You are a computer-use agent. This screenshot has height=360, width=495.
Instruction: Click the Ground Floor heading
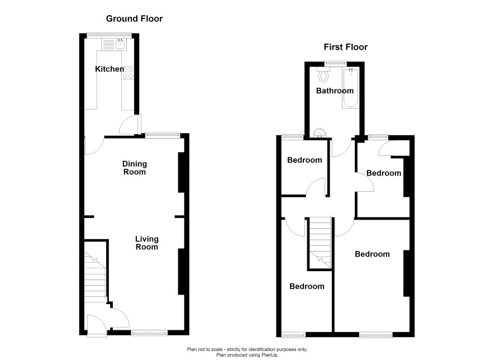(x=134, y=18)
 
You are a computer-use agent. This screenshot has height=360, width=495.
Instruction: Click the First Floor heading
(x=345, y=47)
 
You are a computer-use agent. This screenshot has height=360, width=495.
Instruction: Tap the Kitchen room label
(x=110, y=69)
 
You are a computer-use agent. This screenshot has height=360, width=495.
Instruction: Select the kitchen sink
(x=113, y=44)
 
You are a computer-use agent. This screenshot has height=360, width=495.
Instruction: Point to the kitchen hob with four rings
(x=128, y=73)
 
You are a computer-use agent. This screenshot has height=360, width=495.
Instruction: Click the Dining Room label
(x=135, y=168)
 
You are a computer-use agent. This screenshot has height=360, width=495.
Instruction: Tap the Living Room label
(x=147, y=243)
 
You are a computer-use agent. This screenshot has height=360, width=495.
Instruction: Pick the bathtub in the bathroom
(x=350, y=88)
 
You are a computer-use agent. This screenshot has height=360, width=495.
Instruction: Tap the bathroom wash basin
(x=320, y=133)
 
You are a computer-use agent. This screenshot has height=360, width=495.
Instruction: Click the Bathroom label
(x=335, y=91)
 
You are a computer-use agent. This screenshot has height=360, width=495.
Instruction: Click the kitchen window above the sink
(x=110, y=35)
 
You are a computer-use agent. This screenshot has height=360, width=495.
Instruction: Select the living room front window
(x=149, y=333)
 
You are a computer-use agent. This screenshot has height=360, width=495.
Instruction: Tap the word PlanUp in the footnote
(x=269, y=355)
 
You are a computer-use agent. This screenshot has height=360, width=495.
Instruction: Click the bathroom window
(x=336, y=64)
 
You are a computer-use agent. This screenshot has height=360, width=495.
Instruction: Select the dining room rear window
(x=163, y=135)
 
